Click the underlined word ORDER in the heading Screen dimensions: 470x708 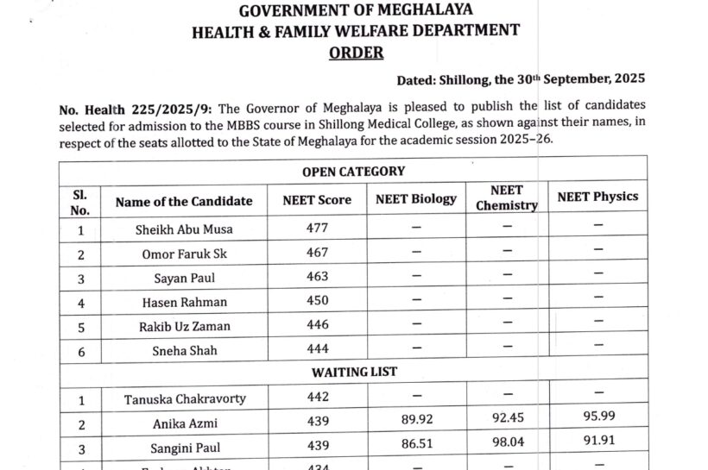pos(356,52)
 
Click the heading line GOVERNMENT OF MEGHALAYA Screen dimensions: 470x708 pos(355,11)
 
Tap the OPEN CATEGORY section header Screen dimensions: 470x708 pos(353,172)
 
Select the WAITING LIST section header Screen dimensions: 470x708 pos(353,373)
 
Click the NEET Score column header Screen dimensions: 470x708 pos(317,200)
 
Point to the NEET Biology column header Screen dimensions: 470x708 pos(416,199)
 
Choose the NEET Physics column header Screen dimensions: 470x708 pos(597,197)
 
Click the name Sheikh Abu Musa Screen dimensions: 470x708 pos(184,230)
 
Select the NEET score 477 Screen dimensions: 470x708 pos(318,229)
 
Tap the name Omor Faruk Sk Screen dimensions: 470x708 pos(184,254)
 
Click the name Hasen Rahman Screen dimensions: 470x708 pos(184,303)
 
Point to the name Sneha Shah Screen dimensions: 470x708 pos(184,351)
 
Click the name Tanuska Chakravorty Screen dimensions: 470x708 pos(185,399)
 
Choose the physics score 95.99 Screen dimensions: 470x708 pos(597,423)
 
